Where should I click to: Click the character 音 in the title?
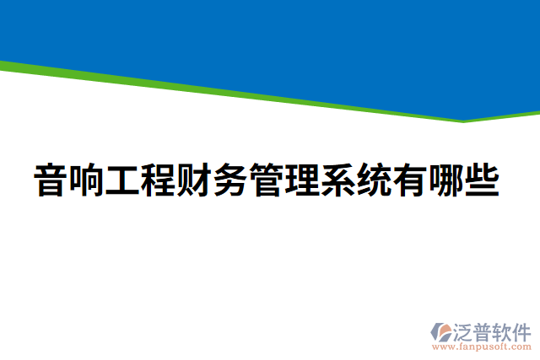coord(51,180)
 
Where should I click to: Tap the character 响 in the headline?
coord(88,180)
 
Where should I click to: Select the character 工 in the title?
coord(123,180)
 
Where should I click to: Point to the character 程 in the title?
coord(159,180)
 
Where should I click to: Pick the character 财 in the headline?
coord(196,180)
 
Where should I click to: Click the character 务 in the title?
coord(232,180)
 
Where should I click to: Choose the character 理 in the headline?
coord(304,180)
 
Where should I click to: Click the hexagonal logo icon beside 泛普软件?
coord(440,331)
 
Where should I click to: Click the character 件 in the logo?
coord(522,330)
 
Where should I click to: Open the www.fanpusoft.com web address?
coord(482,346)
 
